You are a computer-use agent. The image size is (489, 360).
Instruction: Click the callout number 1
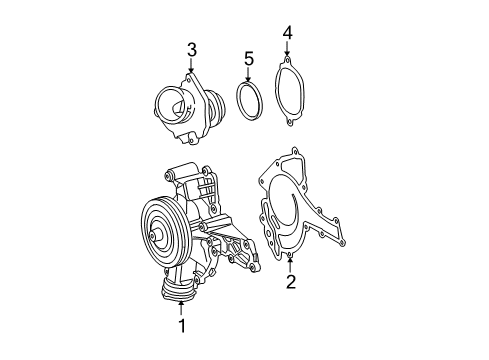[182, 326]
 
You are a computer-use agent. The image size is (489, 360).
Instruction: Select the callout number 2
[291, 282]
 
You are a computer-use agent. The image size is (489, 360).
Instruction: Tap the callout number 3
[191, 50]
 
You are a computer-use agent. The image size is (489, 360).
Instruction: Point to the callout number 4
[287, 33]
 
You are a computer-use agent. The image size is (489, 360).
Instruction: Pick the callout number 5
[249, 59]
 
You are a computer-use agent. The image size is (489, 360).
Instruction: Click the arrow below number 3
[191, 66]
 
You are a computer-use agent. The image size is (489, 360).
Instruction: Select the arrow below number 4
[287, 49]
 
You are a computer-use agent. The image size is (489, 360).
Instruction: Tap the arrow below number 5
[248, 74]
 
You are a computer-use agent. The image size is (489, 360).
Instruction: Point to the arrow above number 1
[181, 308]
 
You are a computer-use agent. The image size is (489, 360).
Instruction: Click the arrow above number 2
[290, 265]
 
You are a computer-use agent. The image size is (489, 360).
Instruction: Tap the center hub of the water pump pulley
[153, 236]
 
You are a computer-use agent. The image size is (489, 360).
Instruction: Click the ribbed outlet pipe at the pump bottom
[177, 291]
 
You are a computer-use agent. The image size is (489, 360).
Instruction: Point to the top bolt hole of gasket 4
[286, 60]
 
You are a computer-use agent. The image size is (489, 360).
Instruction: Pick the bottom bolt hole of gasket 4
[290, 123]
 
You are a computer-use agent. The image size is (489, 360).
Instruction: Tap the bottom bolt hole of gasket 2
[290, 256]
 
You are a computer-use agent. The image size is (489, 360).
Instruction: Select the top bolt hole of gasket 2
[295, 151]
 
